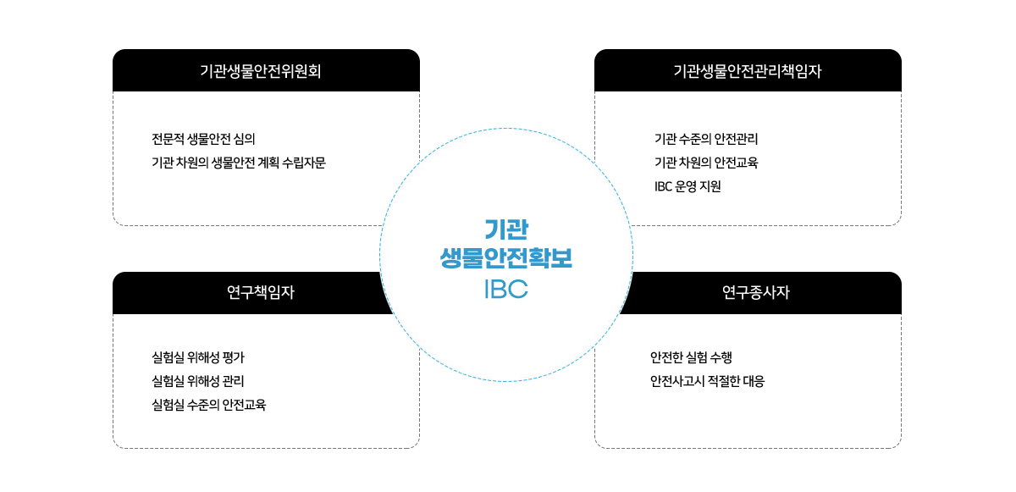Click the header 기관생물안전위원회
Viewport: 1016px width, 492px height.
click(261, 71)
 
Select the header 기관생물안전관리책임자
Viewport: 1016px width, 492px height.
click(747, 71)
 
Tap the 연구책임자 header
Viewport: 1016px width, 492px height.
click(261, 292)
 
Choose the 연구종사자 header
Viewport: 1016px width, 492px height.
click(755, 292)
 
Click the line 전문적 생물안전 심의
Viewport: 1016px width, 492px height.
click(203, 139)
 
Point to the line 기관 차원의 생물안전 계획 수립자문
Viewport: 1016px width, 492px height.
click(239, 163)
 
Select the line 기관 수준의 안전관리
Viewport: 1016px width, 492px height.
click(706, 139)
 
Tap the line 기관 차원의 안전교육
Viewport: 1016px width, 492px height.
click(706, 163)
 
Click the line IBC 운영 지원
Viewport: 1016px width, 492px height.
click(687, 186)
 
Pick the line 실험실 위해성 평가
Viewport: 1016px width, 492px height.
click(198, 357)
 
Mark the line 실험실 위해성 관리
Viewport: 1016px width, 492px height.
click(198, 381)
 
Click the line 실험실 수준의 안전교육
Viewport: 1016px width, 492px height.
click(208, 405)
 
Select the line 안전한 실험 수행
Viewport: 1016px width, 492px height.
click(691, 357)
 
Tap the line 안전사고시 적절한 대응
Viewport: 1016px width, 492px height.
click(707, 381)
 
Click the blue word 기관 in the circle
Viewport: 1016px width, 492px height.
click(506, 229)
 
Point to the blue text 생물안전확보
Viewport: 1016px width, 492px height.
click(506, 258)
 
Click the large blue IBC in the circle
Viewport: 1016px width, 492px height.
click(506, 289)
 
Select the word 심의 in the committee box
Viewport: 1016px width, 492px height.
click(244, 139)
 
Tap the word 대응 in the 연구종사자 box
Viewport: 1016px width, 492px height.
click(754, 381)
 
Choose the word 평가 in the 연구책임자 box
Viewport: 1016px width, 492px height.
click(234, 357)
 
